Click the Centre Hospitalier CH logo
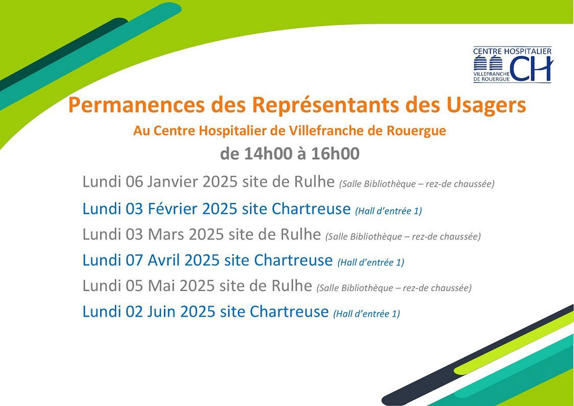tap(513, 65)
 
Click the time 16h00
tap(336, 153)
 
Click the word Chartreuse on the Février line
tap(311, 209)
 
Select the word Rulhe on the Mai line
tap(292, 286)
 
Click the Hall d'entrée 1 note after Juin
tap(367, 313)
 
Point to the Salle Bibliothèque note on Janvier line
tap(417, 184)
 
